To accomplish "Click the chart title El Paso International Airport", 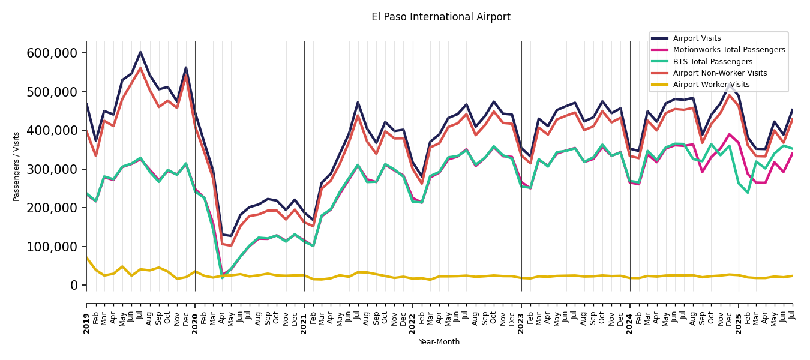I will point(440,17).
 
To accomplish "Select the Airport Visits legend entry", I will point(697,38).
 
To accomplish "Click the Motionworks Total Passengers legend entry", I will point(728,50).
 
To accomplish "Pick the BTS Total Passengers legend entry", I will point(712,62).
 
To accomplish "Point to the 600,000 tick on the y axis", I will point(52,53).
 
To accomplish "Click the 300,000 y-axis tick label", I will point(52,169).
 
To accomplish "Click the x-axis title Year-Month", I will point(439,342).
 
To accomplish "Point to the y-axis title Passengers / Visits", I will point(17,166).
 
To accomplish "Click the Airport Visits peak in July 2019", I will point(140,52).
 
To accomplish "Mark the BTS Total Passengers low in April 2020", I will point(222,277).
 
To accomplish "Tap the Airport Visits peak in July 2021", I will point(358,103).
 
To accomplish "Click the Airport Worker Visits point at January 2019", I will point(86,257).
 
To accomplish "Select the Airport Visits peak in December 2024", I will point(730,85).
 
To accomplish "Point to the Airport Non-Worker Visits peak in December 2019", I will point(186,76).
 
